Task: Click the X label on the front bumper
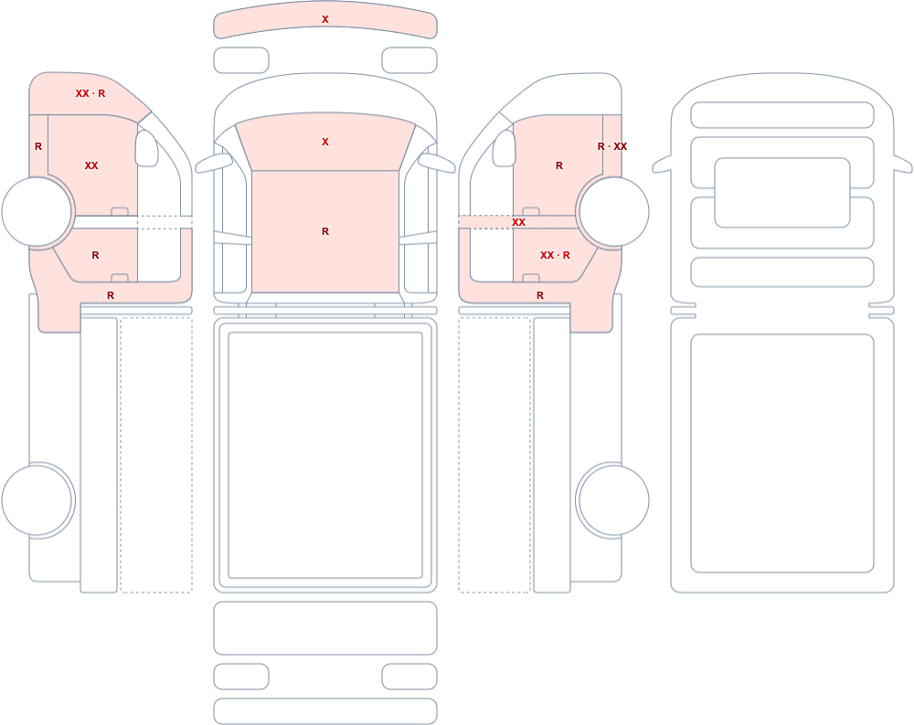[x=325, y=19]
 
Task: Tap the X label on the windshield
[x=325, y=142]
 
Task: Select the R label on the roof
[x=325, y=231]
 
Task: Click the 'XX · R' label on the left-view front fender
[x=90, y=93]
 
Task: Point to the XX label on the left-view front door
[x=91, y=165]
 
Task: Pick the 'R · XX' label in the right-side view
[x=612, y=146]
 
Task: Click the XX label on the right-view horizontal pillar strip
[x=518, y=222]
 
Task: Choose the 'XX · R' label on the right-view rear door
[x=555, y=255]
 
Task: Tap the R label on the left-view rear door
[x=96, y=255]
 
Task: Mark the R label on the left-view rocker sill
[x=111, y=295]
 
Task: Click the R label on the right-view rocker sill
[x=540, y=295]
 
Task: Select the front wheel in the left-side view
[x=37, y=212]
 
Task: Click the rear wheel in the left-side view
[x=37, y=500]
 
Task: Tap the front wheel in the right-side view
[x=613, y=212]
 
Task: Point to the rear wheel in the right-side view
[x=613, y=500]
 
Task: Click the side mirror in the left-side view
[x=147, y=148]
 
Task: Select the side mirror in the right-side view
[x=505, y=148]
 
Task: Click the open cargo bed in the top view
[x=325, y=455]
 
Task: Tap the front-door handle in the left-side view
[x=120, y=211]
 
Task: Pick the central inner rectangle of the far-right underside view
[x=782, y=193]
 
